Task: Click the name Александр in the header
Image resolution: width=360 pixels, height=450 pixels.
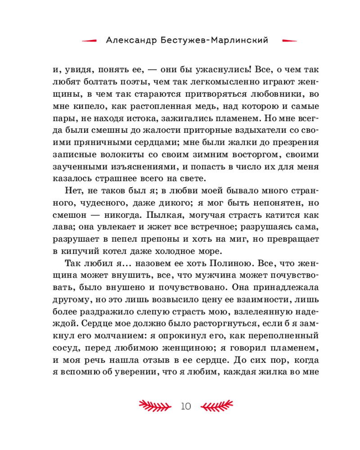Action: (x=130, y=40)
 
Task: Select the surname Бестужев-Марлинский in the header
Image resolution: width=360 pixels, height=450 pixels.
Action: (x=214, y=40)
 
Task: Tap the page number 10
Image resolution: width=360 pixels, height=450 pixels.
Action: (x=186, y=406)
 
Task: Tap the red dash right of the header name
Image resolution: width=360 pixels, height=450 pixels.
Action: (x=288, y=40)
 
